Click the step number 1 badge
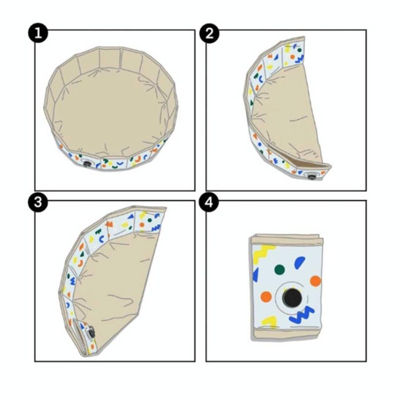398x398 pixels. [38, 33]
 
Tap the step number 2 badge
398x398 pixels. [210, 33]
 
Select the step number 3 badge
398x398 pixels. [38, 203]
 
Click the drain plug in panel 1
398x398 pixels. [87, 163]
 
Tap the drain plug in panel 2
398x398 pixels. [311, 176]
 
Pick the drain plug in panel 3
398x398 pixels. [90, 333]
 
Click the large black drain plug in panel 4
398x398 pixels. [292, 298]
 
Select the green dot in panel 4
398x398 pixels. [279, 269]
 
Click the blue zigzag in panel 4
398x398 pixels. [302, 315]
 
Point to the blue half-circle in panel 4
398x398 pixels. [299, 263]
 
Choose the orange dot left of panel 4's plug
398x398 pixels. [266, 297]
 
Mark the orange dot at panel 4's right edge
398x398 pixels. [315, 281]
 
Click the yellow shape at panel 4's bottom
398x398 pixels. [269, 321]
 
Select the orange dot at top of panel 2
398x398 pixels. [292, 57]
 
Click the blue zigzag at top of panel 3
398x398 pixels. [156, 228]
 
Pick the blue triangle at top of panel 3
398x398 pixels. [131, 216]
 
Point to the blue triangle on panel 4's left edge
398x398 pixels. [255, 275]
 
